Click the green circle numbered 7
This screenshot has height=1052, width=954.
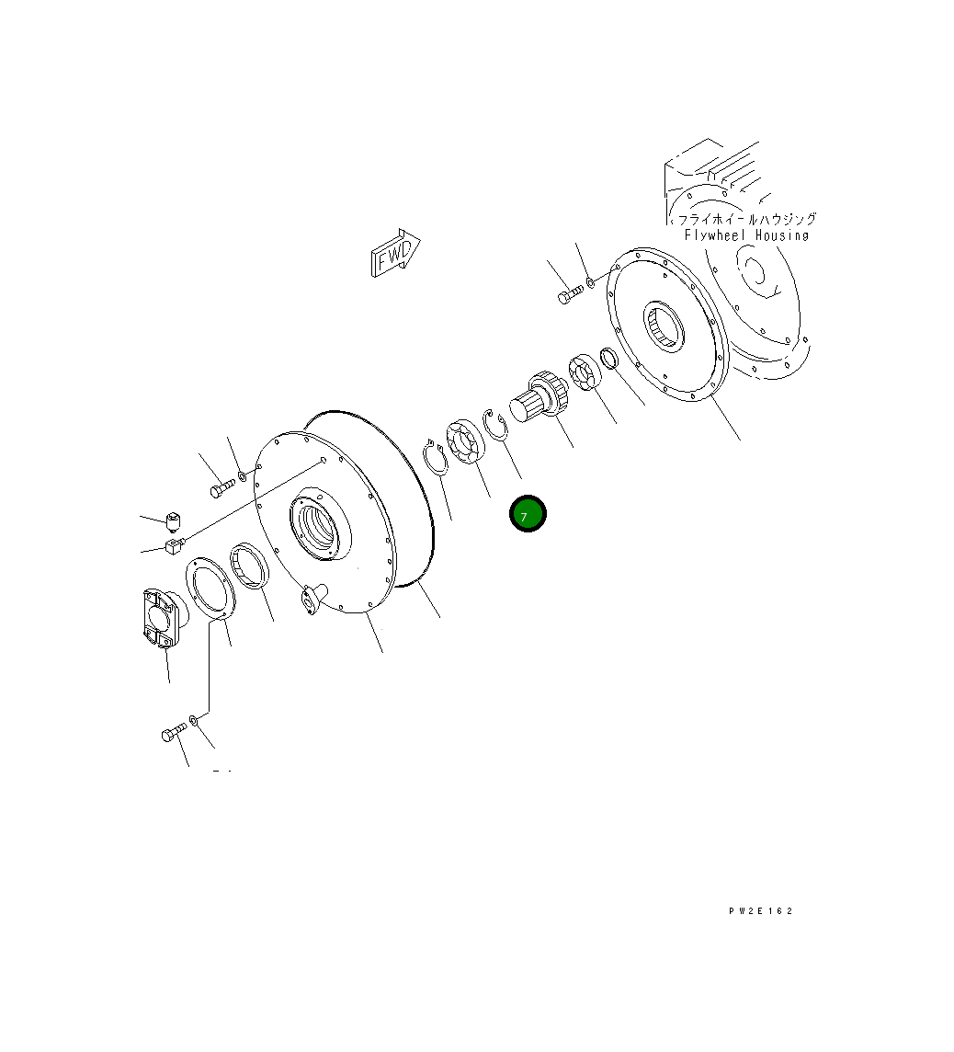pyautogui.click(x=528, y=514)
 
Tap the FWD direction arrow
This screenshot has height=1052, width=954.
pyautogui.click(x=395, y=252)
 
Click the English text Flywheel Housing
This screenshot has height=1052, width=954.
pyautogui.click(x=746, y=235)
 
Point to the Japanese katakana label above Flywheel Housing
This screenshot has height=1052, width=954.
pyautogui.click(x=747, y=220)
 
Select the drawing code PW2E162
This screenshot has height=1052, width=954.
pyautogui.click(x=761, y=911)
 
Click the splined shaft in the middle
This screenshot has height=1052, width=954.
pyautogui.click(x=539, y=395)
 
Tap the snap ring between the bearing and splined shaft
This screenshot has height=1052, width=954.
pyautogui.click(x=496, y=426)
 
